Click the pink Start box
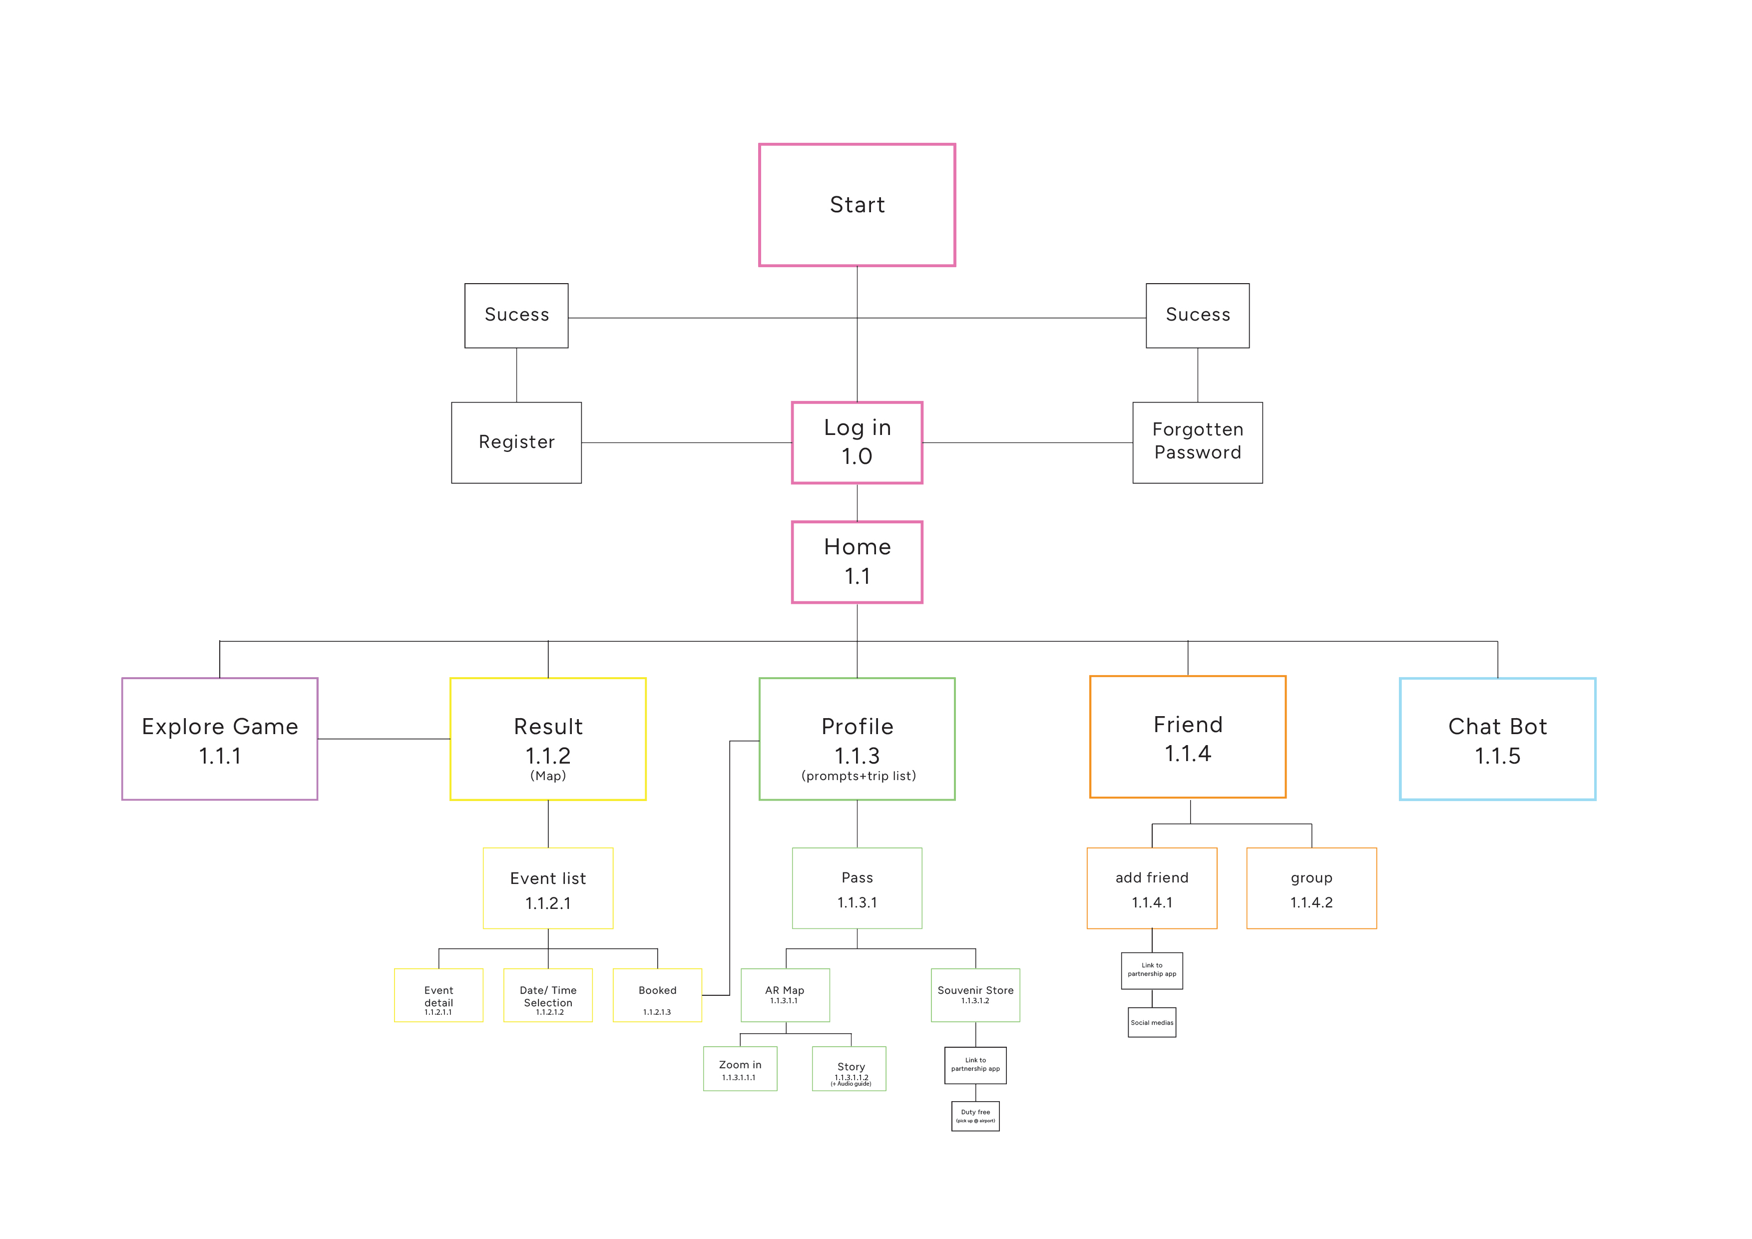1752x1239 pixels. click(x=857, y=204)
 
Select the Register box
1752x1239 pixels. click(x=516, y=442)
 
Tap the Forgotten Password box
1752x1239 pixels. click(x=1197, y=442)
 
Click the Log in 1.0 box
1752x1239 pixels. click(x=857, y=442)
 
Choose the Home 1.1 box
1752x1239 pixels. click(x=857, y=562)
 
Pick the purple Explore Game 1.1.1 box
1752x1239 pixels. click(x=220, y=739)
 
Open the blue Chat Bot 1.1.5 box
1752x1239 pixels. click(x=1497, y=739)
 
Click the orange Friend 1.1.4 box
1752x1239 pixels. click(x=1187, y=737)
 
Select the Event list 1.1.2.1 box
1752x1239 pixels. click(x=548, y=888)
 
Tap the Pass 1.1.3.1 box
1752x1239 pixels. click(x=857, y=888)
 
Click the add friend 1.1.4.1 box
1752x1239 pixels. click(x=1152, y=888)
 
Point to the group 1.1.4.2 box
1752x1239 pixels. click(x=1312, y=888)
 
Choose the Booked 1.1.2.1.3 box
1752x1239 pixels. click(x=657, y=995)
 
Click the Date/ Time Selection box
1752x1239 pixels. click(x=548, y=995)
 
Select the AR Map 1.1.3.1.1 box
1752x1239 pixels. click(x=785, y=995)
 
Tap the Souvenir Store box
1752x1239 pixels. click(x=975, y=995)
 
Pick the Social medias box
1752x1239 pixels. click(x=1152, y=1022)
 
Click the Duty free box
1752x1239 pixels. click(x=975, y=1116)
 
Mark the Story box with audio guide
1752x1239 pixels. click(x=850, y=1069)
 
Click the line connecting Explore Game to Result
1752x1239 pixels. click(x=384, y=739)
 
